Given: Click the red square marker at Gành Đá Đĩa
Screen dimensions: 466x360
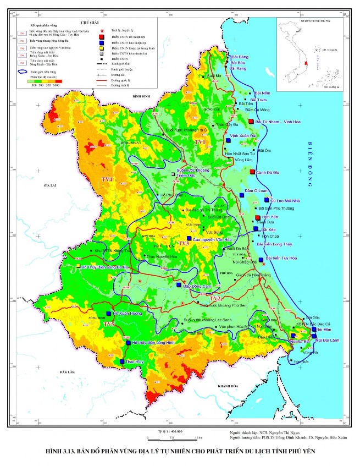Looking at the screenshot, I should tap(252, 172).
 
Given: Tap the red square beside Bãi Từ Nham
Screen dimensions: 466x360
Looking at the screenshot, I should tap(251, 122).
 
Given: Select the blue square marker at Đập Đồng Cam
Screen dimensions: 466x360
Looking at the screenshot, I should tap(179, 285).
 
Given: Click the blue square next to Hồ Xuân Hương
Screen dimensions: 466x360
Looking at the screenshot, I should tap(108, 314).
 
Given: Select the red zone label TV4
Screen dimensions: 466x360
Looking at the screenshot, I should tap(106, 180).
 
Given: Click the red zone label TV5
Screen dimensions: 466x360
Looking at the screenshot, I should tap(110, 325).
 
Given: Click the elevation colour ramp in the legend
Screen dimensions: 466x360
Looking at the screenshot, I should tap(46, 80).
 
